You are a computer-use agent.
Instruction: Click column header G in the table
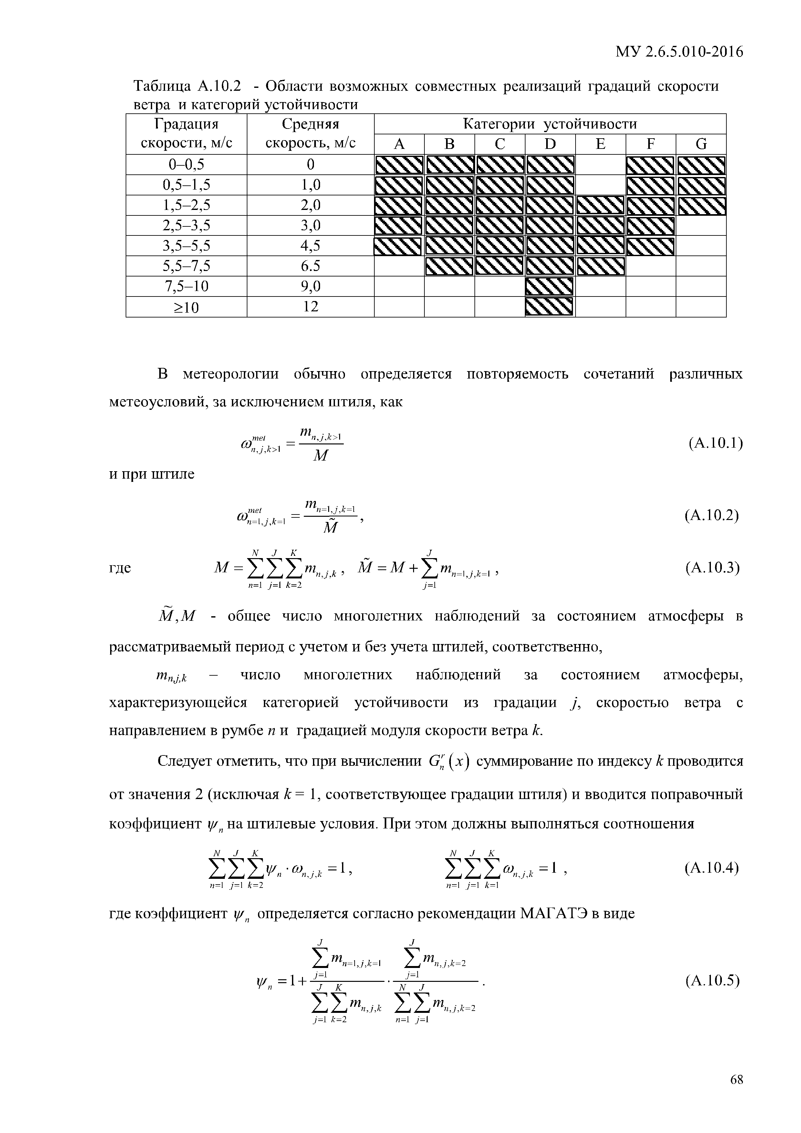[x=701, y=144]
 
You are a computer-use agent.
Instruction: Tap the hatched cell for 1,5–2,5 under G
[x=701, y=205]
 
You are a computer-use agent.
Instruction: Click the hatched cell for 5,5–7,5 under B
[x=449, y=266]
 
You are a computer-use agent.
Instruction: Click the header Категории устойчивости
[x=550, y=124]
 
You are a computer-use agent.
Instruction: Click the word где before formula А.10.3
[x=120, y=568]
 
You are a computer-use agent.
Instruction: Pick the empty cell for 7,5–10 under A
[x=399, y=286]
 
